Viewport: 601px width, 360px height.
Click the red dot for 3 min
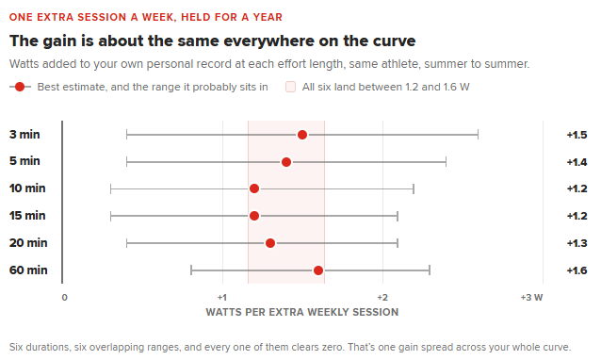tap(302, 135)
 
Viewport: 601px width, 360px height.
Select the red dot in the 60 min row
tap(318, 270)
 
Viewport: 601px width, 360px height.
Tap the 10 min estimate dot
tap(254, 188)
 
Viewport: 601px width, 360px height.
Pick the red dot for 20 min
tap(270, 243)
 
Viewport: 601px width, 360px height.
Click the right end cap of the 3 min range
tap(478, 135)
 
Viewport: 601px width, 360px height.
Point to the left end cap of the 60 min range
tap(191, 270)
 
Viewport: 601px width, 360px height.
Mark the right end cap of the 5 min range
tap(446, 162)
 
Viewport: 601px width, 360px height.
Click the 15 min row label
tap(27, 216)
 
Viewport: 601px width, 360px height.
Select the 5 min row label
tap(24, 161)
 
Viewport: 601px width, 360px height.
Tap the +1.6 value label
tap(577, 270)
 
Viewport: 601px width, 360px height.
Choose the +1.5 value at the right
tap(577, 135)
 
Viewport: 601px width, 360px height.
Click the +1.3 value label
tap(577, 243)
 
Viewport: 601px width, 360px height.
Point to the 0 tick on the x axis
tap(64, 297)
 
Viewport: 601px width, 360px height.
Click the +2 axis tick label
tap(382, 297)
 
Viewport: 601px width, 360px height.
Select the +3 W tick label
tap(531, 297)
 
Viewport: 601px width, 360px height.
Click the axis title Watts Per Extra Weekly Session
tap(302, 312)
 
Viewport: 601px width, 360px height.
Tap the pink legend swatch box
tap(290, 87)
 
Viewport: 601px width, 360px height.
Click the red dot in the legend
tap(20, 87)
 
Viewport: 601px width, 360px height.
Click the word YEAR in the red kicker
tap(268, 17)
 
